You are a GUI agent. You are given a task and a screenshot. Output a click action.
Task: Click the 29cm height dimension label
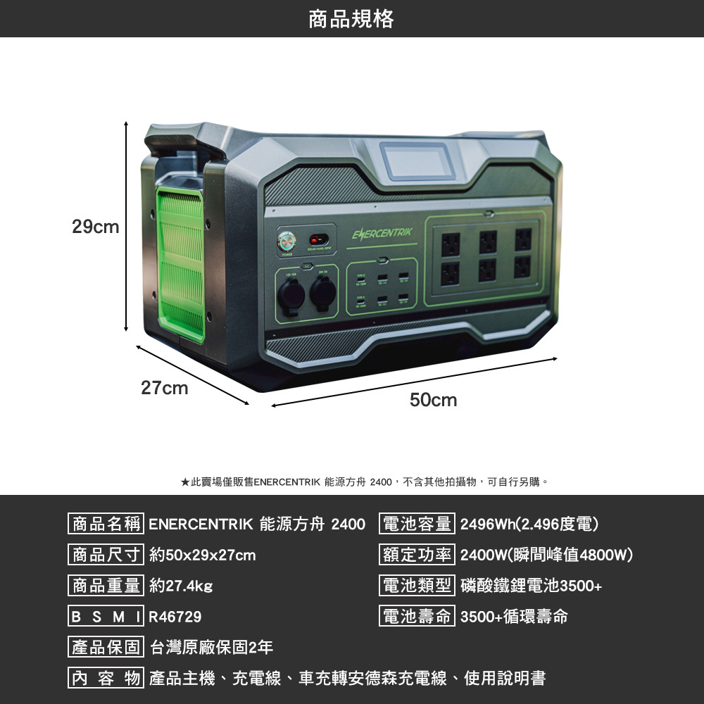pos(96,227)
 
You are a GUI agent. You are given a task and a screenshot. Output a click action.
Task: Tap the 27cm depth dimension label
pos(164,388)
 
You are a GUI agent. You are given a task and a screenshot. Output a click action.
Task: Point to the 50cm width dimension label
pos(433,401)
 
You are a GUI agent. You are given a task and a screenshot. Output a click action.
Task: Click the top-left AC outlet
pos(451,244)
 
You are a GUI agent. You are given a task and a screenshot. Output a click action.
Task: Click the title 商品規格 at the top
pos(351,18)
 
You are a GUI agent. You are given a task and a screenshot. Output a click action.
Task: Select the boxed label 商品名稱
pos(106,524)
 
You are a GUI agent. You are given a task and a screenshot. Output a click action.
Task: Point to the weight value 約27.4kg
pos(181,586)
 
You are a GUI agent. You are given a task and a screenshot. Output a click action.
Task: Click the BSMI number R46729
pos(175,617)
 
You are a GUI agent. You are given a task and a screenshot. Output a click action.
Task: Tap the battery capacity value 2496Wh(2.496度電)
pos(529,524)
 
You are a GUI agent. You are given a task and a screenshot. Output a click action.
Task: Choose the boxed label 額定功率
pos(417,555)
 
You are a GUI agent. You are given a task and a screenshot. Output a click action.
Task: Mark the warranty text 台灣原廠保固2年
pos(212,647)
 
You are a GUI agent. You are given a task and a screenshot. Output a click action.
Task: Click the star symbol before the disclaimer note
pos(184,482)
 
